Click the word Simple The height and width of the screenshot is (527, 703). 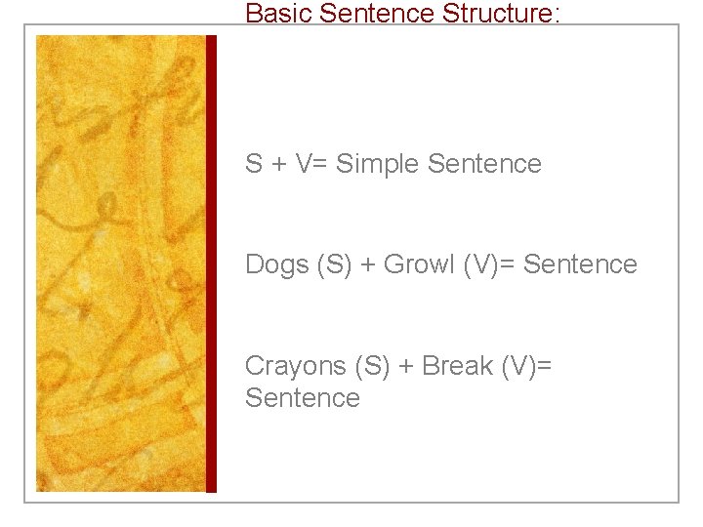click(x=377, y=164)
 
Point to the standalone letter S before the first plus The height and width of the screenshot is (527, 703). click(x=254, y=164)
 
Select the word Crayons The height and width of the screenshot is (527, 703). click(x=296, y=366)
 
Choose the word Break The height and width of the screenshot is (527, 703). click(x=458, y=366)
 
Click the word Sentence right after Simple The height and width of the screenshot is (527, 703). click(x=484, y=164)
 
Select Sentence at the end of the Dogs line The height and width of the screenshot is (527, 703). click(x=580, y=264)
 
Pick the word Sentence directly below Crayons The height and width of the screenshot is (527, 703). click(x=303, y=398)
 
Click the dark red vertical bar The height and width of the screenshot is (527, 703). click(x=211, y=263)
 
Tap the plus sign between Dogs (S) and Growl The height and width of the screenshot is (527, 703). click(x=367, y=264)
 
